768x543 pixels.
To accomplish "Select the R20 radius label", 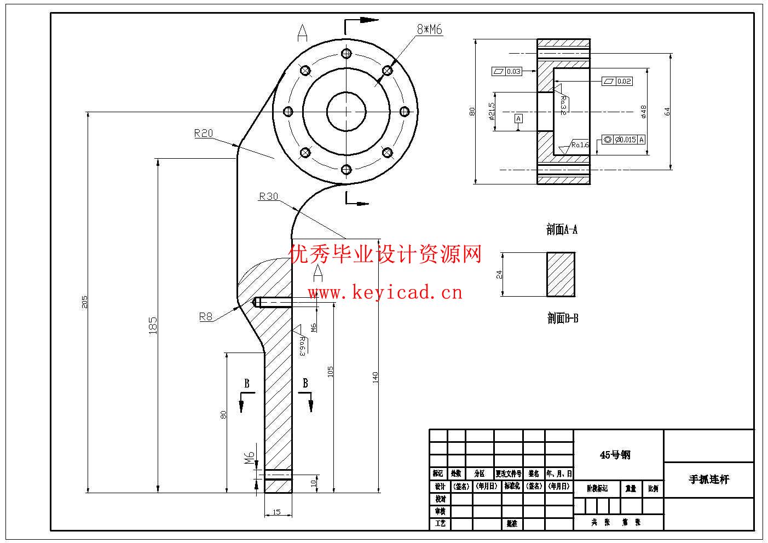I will (203, 133).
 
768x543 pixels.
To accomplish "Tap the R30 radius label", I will (268, 197).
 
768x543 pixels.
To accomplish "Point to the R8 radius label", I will (205, 316).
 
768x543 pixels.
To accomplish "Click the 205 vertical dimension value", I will (85, 302).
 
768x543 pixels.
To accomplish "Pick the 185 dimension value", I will (153, 325).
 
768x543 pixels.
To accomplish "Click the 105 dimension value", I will (330, 372).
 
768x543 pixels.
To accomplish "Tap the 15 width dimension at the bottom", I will (276, 512).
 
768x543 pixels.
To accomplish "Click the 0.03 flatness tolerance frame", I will (507, 71).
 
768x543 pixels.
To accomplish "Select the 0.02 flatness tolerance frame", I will (617, 81).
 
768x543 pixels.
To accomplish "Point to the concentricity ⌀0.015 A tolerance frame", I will (623, 140).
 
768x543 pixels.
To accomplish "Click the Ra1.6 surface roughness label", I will (580, 145).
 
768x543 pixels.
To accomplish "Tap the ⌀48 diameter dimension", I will (644, 111).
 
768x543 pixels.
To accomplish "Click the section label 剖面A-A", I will (562, 230).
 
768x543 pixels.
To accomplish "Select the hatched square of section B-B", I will (561, 275).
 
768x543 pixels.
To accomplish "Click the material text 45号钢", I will (615, 455).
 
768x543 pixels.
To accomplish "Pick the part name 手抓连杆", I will (709, 480).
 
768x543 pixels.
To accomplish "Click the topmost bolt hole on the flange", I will (346, 53).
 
